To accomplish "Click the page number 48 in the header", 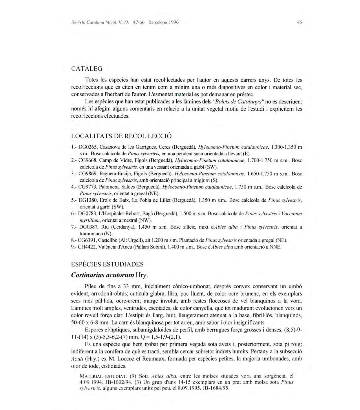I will click(x=300, y=22).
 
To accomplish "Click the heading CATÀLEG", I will click(x=87, y=69).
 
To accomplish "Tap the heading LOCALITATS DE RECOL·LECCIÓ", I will click(x=121, y=136).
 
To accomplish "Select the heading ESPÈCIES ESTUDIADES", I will click(x=107, y=264).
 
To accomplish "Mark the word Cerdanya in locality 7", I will click(x=123, y=227).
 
